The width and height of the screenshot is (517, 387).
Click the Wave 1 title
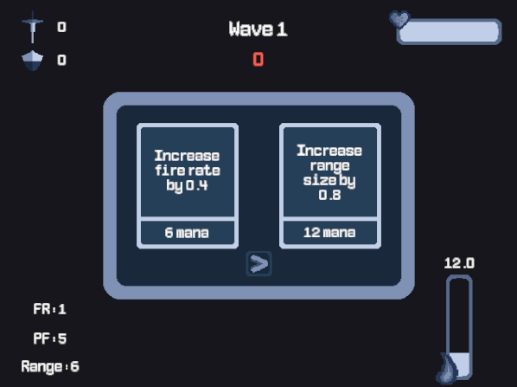point(258,29)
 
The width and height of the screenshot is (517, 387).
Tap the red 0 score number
point(258,60)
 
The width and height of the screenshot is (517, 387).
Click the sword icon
point(32,27)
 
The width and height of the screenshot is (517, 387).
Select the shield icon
point(32,61)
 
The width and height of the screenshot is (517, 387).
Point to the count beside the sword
point(61,27)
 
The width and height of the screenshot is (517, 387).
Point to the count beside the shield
point(61,60)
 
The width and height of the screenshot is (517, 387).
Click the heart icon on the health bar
point(399,20)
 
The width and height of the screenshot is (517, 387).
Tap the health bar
point(449,32)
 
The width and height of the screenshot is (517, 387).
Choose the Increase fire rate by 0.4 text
point(188,171)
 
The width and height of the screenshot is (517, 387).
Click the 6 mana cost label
point(187,233)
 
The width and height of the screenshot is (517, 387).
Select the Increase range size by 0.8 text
point(329,172)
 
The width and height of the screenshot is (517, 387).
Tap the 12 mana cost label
point(329,233)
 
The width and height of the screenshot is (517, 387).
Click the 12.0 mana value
point(459,263)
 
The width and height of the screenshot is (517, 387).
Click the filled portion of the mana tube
point(460,364)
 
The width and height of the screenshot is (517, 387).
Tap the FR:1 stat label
point(50,309)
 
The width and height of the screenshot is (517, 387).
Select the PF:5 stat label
point(50,339)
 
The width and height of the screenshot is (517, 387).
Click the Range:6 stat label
point(50,367)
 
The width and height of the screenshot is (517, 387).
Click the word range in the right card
point(329,165)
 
